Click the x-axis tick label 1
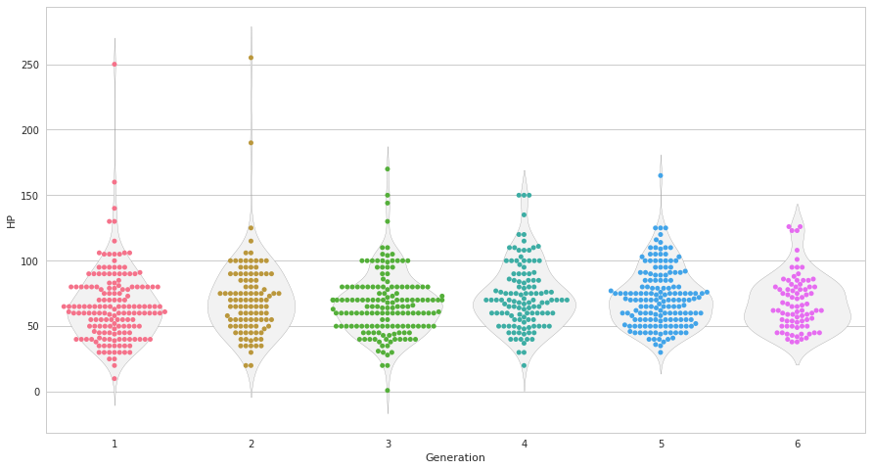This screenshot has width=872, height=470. (115, 445)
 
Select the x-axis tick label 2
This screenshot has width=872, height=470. (251, 445)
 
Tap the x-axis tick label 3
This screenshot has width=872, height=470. (388, 445)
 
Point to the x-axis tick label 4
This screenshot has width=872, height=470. (525, 445)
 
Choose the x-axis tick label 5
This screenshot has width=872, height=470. (661, 445)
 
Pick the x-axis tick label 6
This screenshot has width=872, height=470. (798, 445)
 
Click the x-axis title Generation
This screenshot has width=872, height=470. (455, 458)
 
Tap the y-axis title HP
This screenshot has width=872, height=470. (12, 221)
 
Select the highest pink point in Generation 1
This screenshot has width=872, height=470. (115, 65)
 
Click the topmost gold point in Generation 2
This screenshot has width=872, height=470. (251, 58)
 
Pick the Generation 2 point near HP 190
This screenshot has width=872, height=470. (251, 143)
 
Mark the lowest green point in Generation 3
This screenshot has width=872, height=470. (388, 391)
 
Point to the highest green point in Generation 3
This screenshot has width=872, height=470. (388, 169)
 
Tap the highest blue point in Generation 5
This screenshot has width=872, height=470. (661, 175)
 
